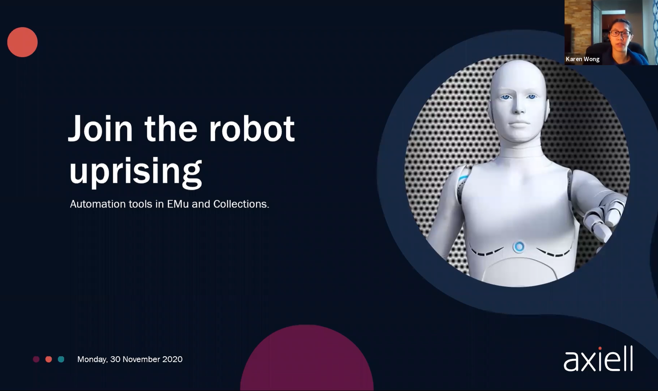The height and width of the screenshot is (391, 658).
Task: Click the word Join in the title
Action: [100, 129]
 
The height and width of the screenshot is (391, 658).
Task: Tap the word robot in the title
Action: [252, 129]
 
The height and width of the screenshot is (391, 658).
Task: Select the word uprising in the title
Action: [135, 171]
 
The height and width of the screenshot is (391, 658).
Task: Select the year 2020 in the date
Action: [172, 359]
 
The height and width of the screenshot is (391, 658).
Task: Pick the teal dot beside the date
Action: [61, 359]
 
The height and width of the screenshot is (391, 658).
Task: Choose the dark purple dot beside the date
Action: [36, 359]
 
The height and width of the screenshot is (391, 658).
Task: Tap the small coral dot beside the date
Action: [49, 359]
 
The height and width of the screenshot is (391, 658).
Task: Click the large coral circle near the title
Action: [22, 42]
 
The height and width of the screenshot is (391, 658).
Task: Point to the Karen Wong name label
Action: [583, 59]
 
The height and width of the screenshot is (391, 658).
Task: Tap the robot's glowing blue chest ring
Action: [519, 247]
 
